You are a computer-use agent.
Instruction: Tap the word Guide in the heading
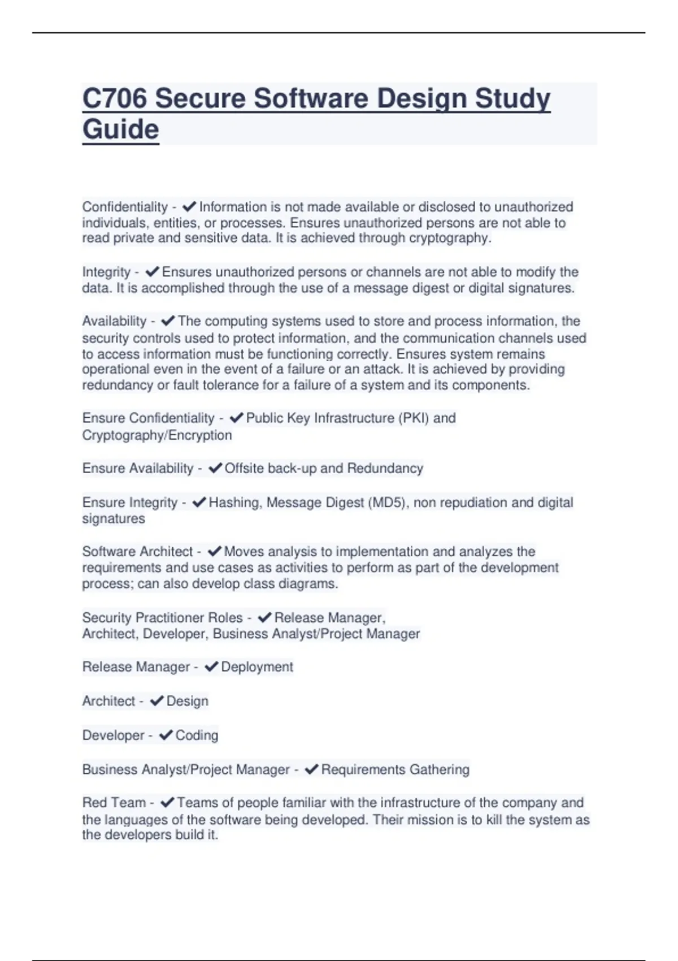[120, 129]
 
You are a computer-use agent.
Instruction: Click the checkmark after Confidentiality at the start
[189, 207]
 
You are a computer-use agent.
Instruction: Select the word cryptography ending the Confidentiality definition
[449, 238]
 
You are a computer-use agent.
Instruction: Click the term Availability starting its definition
[114, 321]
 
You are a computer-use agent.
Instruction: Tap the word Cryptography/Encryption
[157, 435]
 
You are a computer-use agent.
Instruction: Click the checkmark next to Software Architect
[214, 552]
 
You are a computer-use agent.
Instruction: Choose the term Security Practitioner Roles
[162, 618]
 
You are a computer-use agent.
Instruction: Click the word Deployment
[257, 667]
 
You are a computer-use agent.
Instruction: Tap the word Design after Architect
[187, 702]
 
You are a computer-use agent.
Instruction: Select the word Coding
[197, 735]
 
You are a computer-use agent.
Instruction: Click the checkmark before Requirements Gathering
[311, 770]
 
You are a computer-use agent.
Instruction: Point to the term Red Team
[114, 803]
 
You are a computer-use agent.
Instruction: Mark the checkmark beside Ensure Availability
[215, 469]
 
